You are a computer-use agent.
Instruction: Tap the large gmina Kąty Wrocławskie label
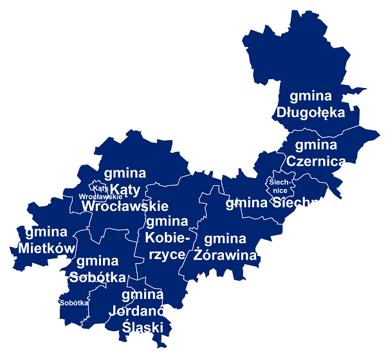click(125, 190)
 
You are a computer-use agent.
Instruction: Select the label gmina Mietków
click(46, 240)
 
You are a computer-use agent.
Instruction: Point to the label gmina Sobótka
click(97, 269)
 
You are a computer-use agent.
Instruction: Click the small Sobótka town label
click(73, 302)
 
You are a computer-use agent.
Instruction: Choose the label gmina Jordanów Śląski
click(142, 311)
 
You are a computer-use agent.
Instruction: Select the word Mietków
click(46, 248)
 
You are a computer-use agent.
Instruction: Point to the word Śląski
click(143, 327)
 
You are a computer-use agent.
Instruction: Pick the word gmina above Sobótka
click(97, 261)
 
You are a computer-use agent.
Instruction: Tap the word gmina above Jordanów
click(142, 295)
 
